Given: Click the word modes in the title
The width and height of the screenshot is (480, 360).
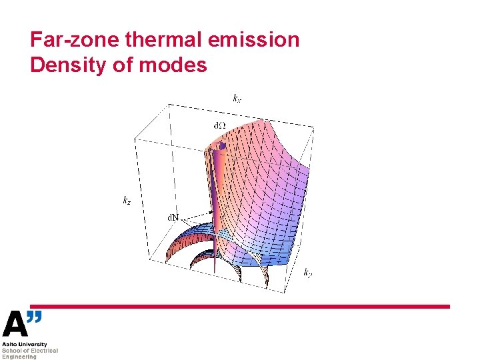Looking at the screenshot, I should tap(177, 65).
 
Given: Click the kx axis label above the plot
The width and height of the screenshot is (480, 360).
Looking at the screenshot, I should tap(237, 99).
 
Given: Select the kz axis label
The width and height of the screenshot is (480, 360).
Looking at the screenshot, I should tap(127, 199).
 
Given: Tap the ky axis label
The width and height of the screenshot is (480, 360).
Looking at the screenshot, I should tap(309, 272).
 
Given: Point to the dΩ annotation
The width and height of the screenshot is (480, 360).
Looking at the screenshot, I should tap(219, 125).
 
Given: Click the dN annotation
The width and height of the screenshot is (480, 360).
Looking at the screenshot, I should tap(173, 217).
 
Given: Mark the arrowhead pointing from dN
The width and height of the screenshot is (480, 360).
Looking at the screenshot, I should tap(211, 213).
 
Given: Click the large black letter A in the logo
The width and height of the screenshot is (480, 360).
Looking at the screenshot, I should tap(15, 325).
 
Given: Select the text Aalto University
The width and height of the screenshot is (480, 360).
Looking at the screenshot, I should tap(25, 345).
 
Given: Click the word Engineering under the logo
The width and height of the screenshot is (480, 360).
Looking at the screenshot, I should tap(19, 357).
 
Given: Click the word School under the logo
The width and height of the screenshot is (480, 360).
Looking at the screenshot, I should tap(11, 351).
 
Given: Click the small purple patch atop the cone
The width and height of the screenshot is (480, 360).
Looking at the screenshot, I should tap(223, 145).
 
